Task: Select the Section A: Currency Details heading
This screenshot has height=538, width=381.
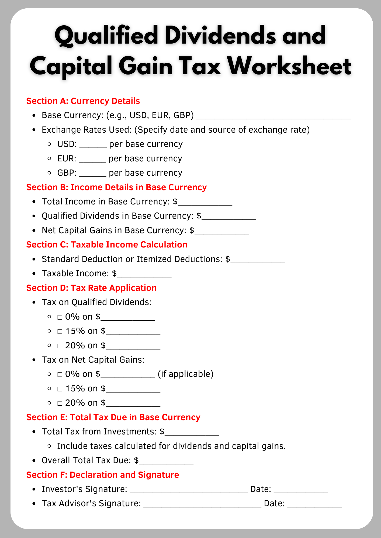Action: tap(83, 101)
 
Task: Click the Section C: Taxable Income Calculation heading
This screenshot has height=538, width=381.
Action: tap(107, 245)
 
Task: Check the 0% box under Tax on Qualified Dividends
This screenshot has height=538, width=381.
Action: tap(60, 317)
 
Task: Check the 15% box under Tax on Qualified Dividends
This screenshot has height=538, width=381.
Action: tap(60, 331)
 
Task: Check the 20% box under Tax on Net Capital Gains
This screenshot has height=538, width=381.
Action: tap(60, 403)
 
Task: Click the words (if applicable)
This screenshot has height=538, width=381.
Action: tap(186, 374)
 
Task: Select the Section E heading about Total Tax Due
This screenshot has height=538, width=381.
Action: tap(113, 417)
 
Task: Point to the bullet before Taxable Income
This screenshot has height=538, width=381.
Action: tap(34, 274)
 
